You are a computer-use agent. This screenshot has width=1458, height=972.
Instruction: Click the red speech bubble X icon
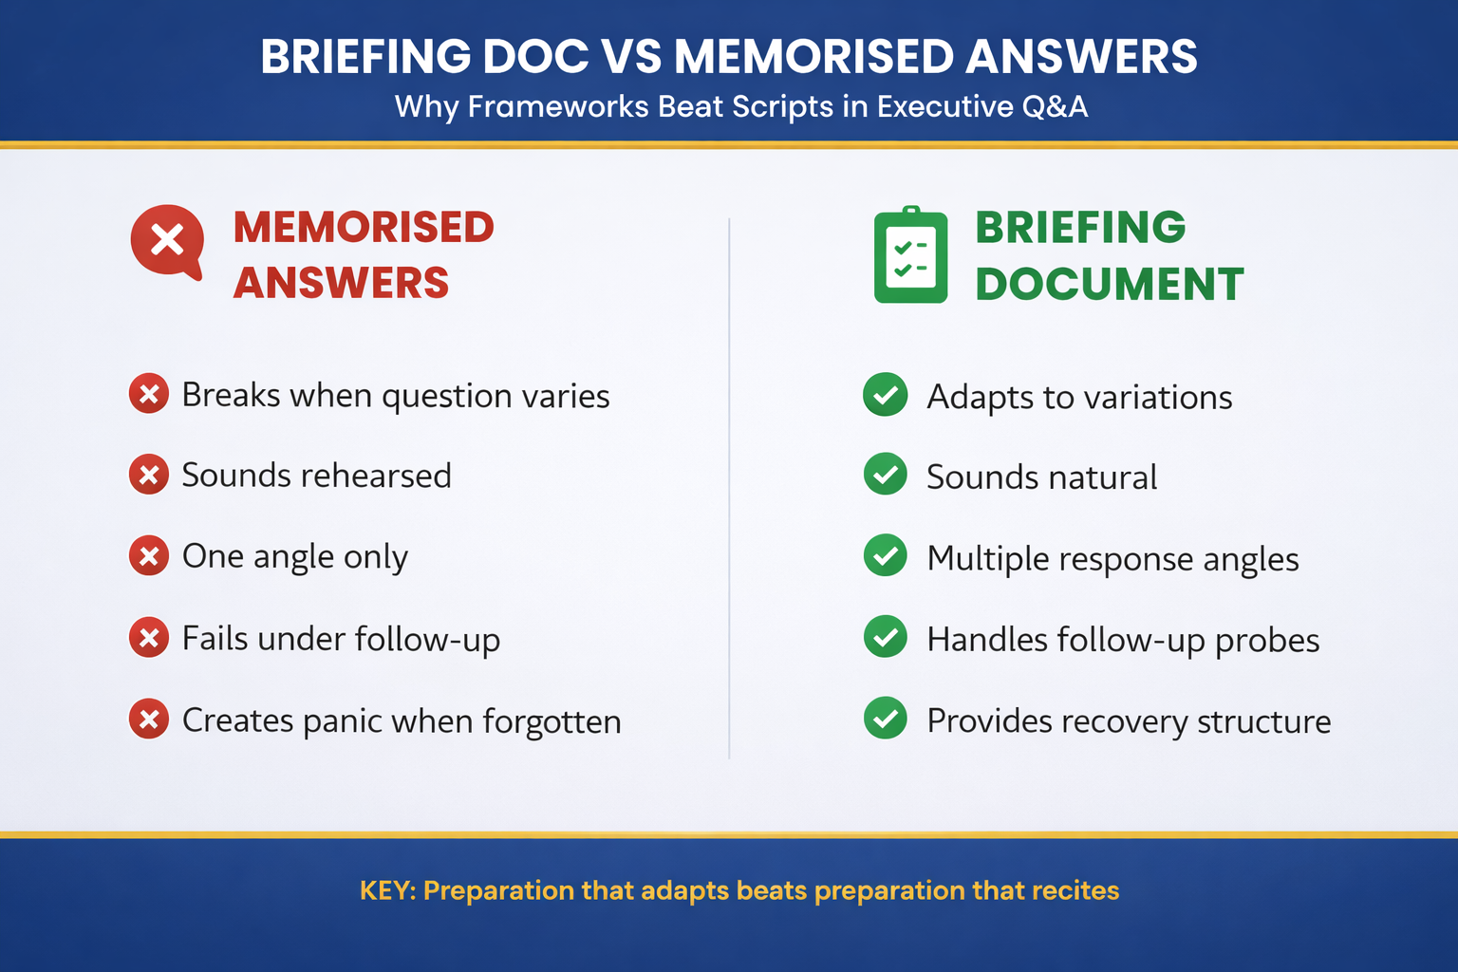[167, 240]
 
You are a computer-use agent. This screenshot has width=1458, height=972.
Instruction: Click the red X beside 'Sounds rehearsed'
[149, 475]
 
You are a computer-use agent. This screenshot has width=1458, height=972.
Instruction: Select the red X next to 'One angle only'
[149, 556]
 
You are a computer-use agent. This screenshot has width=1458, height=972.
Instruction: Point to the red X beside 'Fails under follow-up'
[149, 638]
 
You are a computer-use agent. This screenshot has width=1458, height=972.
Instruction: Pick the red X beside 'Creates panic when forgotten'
[149, 720]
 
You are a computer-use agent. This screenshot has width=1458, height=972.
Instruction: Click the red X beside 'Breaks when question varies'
[149, 394]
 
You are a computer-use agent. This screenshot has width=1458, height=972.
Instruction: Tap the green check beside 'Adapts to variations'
[886, 395]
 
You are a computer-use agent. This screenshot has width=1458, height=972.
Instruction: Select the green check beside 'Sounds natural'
[886, 475]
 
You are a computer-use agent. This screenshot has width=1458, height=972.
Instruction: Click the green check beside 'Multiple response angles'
[886, 556]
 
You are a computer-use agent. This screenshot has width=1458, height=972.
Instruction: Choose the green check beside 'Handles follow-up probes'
[886, 637]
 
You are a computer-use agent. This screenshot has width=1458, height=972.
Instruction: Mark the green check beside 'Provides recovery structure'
[886, 719]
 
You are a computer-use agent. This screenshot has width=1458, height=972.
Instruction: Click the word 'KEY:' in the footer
[387, 890]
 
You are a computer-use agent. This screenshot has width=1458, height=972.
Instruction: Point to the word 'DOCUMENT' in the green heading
[1109, 284]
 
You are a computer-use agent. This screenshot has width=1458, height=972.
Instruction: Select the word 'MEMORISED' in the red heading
[364, 228]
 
